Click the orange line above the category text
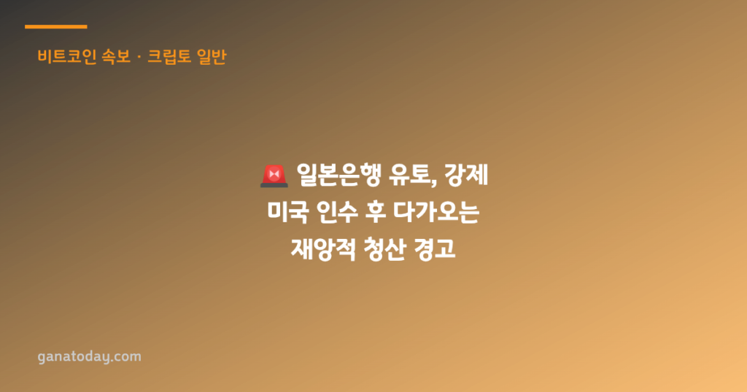(55, 27)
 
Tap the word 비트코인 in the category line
(67, 57)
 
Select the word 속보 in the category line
(116, 57)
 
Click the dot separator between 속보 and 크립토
(139, 58)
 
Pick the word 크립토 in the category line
(169, 57)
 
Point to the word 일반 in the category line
(212, 57)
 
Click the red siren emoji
(274, 176)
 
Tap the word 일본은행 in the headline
(338, 175)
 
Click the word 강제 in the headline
(466, 175)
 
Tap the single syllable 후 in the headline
(376, 212)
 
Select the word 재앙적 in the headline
(323, 248)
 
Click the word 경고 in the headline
(435, 248)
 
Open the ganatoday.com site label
(90, 357)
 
